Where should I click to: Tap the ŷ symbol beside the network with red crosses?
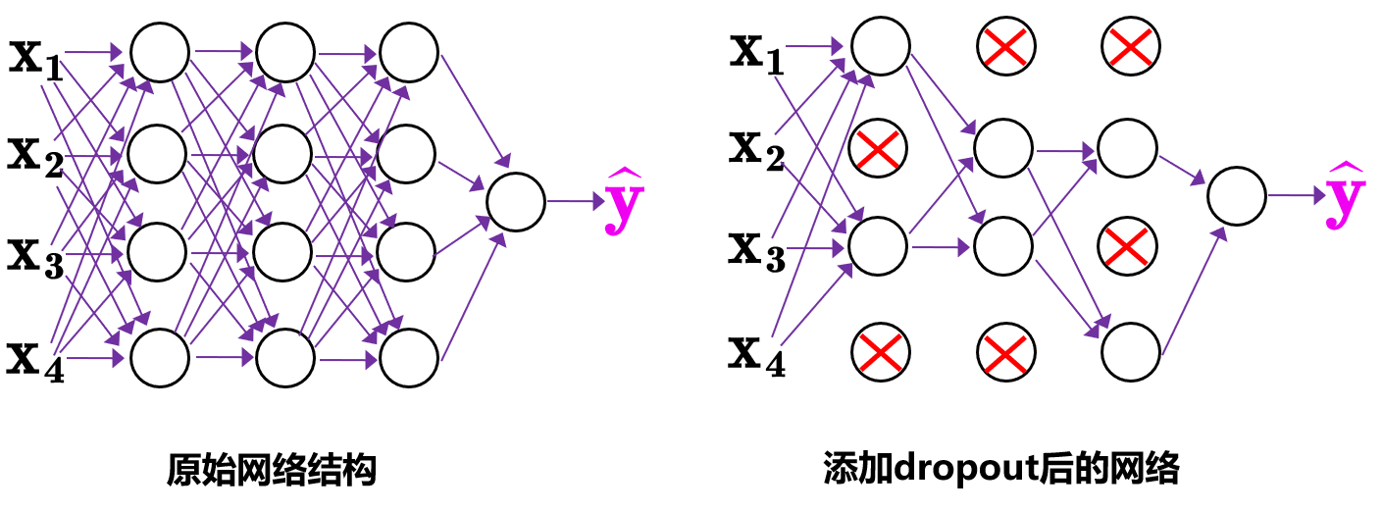pyautogui.click(x=1345, y=198)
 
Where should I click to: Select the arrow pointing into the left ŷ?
pyautogui.click(x=576, y=202)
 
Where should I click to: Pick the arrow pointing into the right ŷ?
pyautogui.click(x=1297, y=196)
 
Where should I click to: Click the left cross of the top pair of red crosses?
pyautogui.click(x=1005, y=47)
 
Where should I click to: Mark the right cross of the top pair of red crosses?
pyautogui.click(x=1130, y=47)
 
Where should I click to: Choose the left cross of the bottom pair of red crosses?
pyautogui.click(x=881, y=353)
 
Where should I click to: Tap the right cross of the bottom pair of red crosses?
pyautogui.click(x=1005, y=354)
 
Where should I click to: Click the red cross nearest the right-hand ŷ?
pyautogui.click(x=1126, y=246)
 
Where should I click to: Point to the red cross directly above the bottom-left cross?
pyautogui.click(x=878, y=149)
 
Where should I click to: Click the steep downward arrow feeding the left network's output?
pyautogui.click(x=476, y=111)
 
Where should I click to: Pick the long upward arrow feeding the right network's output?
pyautogui.click(x=1194, y=291)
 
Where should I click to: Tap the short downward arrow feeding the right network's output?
pyautogui.click(x=1182, y=170)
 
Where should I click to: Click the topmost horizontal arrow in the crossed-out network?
pyautogui.click(x=814, y=46)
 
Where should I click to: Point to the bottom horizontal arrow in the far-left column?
pyautogui.click(x=94, y=358)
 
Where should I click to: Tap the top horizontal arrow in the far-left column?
pyautogui.click(x=93, y=52)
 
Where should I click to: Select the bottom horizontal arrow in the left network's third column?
pyautogui.click(x=348, y=360)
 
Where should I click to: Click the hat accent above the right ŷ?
pyautogui.click(x=1345, y=167)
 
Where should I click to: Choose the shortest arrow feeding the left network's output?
pyautogui.click(x=461, y=176)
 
